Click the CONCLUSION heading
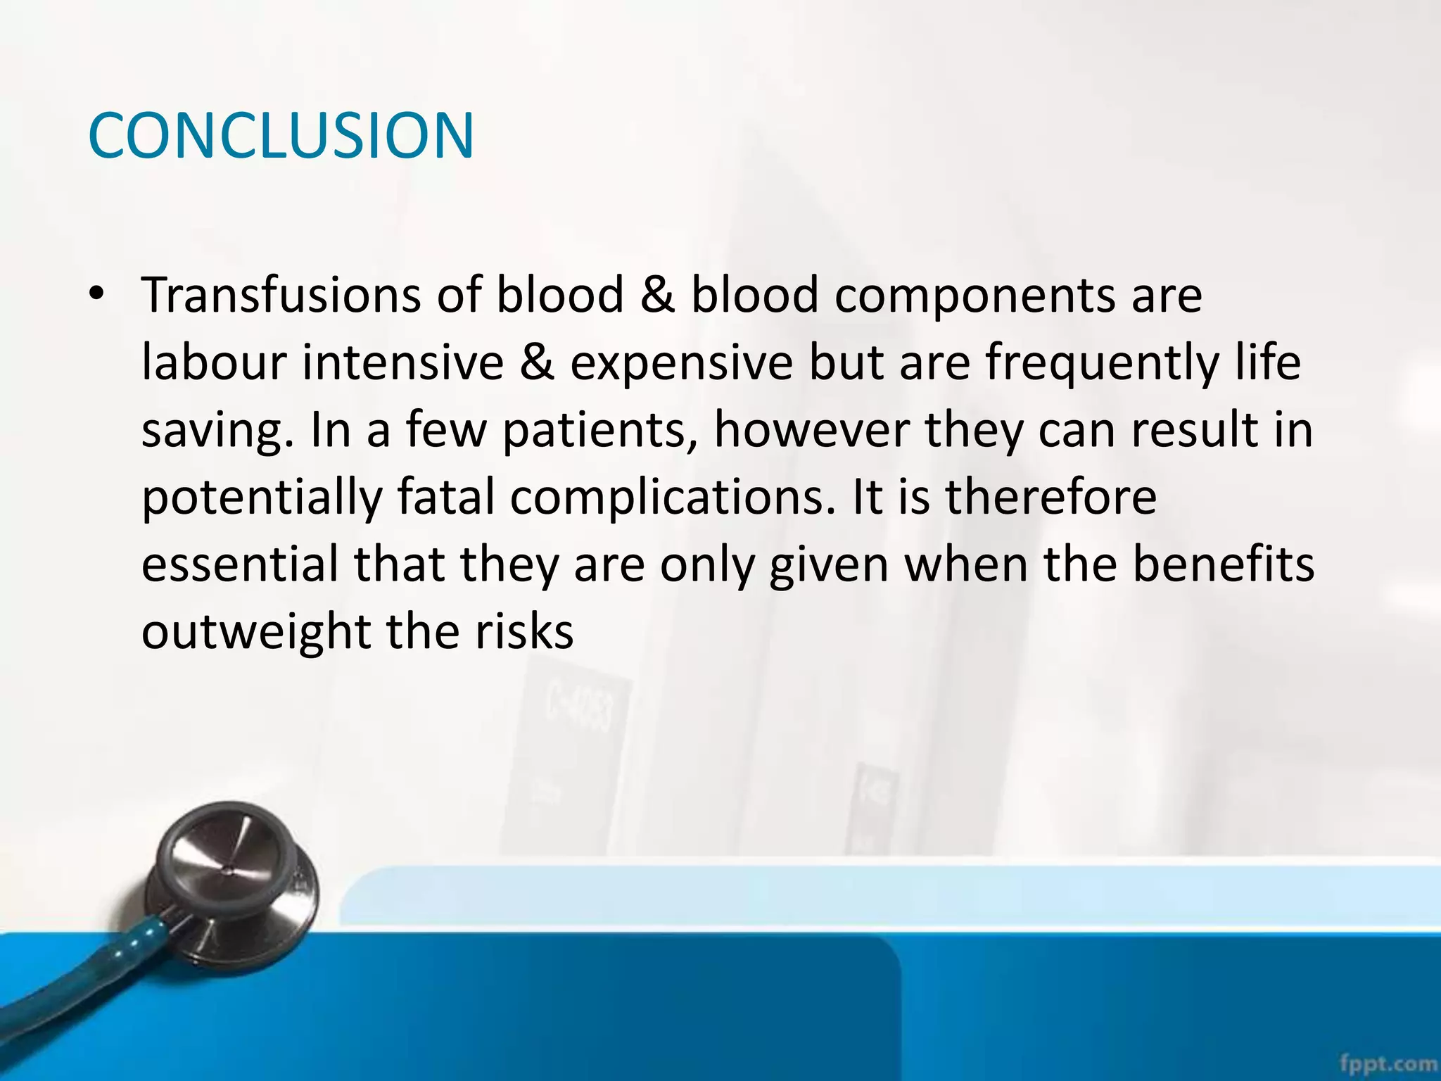click(281, 135)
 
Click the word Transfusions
click(281, 296)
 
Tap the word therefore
click(1050, 498)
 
